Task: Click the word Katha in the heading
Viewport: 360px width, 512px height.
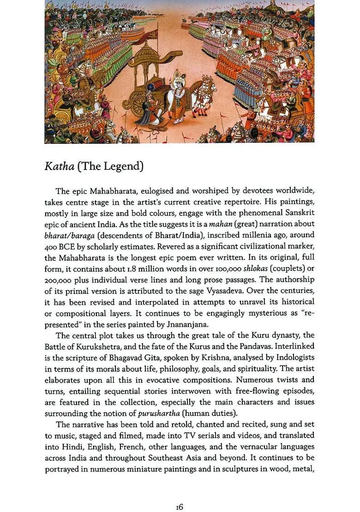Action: click(x=59, y=166)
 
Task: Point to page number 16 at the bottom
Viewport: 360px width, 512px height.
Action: click(x=180, y=494)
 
